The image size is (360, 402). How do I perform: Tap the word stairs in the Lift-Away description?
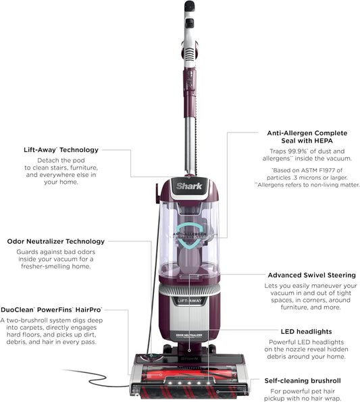click(x=63, y=166)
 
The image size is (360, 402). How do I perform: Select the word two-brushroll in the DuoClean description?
click(x=30, y=320)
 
